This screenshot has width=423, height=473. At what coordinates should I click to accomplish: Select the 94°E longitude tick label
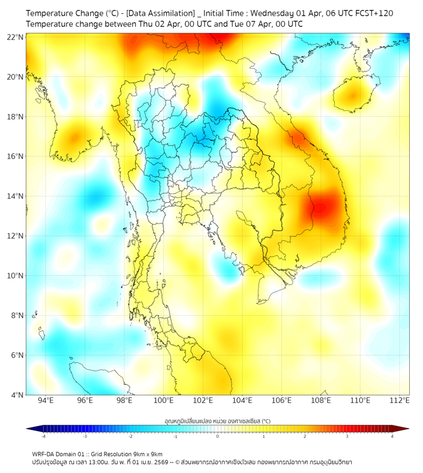pyautogui.click(x=46, y=400)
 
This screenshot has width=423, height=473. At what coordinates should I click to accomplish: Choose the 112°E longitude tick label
pyautogui.click(x=400, y=400)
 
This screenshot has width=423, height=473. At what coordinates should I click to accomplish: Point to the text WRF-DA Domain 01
pyautogui.click(x=59, y=454)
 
